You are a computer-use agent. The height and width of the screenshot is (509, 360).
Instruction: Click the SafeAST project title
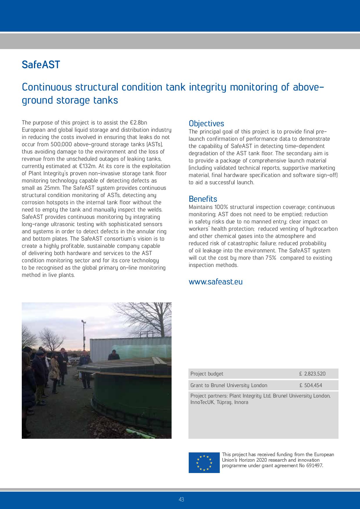[x=41, y=64]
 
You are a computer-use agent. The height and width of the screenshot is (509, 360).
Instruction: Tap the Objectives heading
[x=206, y=124]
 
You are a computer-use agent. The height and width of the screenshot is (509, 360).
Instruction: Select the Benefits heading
[x=203, y=199]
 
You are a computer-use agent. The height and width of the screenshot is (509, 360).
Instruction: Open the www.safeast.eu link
[x=215, y=282]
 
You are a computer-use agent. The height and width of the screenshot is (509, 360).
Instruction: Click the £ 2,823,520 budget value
[x=312, y=374]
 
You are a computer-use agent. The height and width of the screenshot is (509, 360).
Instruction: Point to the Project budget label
[x=207, y=374]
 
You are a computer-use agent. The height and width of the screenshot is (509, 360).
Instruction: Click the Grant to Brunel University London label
[x=229, y=385]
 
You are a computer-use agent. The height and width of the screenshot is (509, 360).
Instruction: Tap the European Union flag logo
[x=204, y=462]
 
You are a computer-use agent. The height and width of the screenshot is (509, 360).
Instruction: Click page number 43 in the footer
[x=181, y=499]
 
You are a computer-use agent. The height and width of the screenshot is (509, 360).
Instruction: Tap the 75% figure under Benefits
[x=271, y=258]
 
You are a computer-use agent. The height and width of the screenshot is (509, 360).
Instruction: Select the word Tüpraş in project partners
[x=224, y=402]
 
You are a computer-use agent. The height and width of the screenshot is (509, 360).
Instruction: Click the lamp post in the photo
[x=84, y=334]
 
